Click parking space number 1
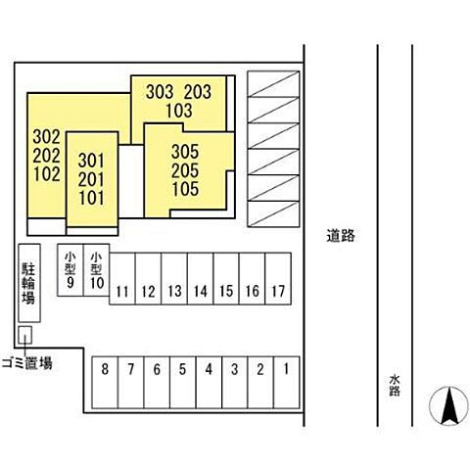pyautogui.click(x=286, y=382)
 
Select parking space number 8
pyautogui.click(x=105, y=382)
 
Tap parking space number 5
pyautogui.click(x=183, y=382)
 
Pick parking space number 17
pyautogui.click(x=278, y=278)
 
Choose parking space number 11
pyautogui.click(x=122, y=278)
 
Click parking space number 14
pyautogui.click(x=200, y=278)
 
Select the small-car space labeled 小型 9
pyautogui.click(x=70, y=270)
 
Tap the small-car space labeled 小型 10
pyautogui.click(x=96, y=270)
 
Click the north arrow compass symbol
pyautogui.click(x=448, y=406)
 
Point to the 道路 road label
pyautogui.click(x=341, y=235)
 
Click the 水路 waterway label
pyautogui.click(x=395, y=386)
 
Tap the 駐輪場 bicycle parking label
pyautogui.click(x=28, y=283)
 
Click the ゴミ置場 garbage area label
pyautogui.click(x=26, y=363)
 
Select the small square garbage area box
pyautogui.click(x=24, y=335)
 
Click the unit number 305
pyautogui.click(x=185, y=152)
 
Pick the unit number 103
pyautogui.click(x=179, y=111)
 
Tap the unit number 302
pyautogui.click(x=46, y=137)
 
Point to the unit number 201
pyautogui.click(x=91, y=179)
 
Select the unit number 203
pyautogui.click(x=198, y=92)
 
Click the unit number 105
pyautogui.click(x=185, y=189)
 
